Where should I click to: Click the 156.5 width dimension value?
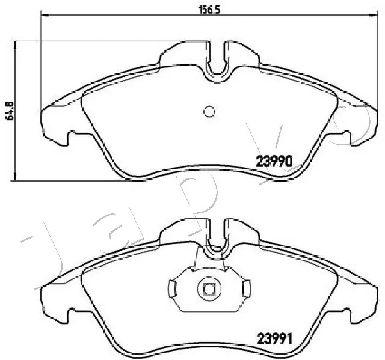tap(206, 9)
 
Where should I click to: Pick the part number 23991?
tap(274, 339)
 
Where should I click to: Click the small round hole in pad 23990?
tap(209, 111)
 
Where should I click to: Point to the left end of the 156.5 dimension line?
tap(40, 17)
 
